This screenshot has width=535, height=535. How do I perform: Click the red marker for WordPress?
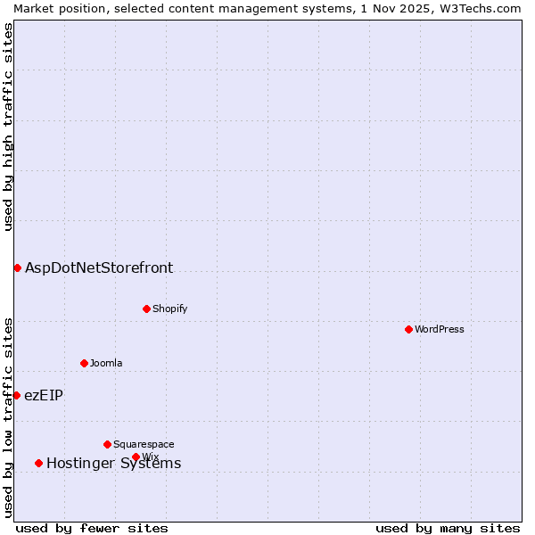tap(408, 329)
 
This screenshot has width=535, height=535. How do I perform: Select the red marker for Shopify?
tap(146, 309)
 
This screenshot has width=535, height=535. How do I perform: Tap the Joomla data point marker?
tap(84, 363)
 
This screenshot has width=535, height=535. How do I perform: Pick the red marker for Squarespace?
tap(107, 444)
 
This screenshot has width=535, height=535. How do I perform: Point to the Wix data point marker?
tap(136, 457)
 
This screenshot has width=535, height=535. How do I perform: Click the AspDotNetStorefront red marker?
tap(17, 267)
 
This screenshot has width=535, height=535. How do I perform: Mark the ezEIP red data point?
tap(16, 395)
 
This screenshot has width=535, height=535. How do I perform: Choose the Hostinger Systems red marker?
tap(38, 463)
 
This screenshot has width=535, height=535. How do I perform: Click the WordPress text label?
tap(440, 330)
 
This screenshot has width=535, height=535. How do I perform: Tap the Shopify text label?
tap(170, 309)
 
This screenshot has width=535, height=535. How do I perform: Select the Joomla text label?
tap(106, 364)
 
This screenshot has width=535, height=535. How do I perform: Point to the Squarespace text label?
tap(144, 445)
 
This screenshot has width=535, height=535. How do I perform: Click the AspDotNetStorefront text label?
tap(99, 267)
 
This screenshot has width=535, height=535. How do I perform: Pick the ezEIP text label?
tap(44, 395)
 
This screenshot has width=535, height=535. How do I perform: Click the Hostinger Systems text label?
tap(114, 463)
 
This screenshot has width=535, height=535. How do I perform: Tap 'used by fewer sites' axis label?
tap(92, 528)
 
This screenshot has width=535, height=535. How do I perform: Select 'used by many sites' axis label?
tap(448, 528)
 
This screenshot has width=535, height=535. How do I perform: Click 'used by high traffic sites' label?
tap(8, 127)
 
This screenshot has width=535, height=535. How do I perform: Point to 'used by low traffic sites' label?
tap(8, 417)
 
